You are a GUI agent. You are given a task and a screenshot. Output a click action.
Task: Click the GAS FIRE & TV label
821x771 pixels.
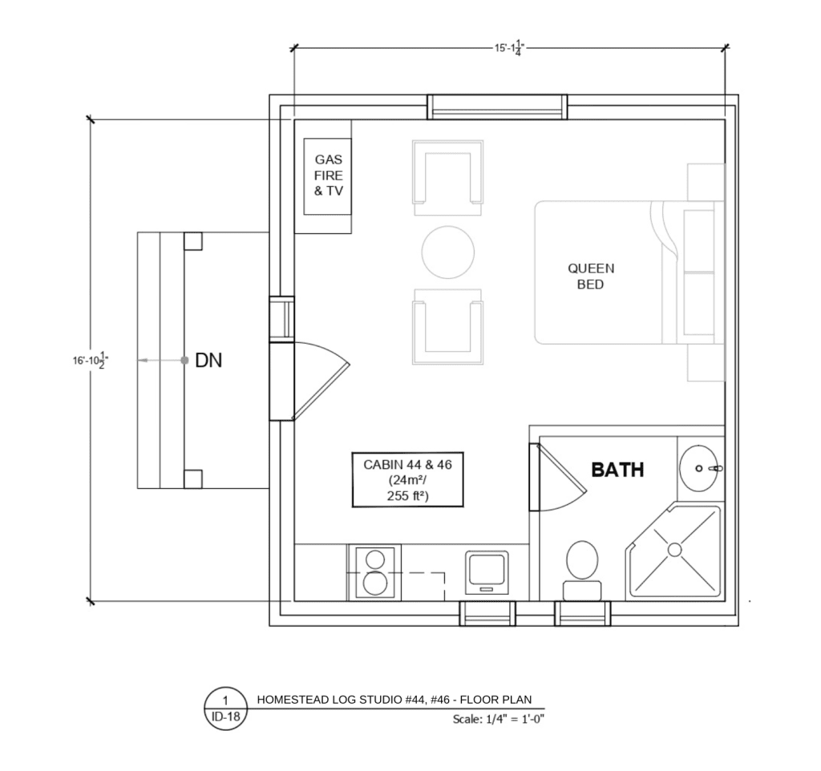click(328, 176)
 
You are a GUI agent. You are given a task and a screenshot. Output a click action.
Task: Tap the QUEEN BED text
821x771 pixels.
click(591, 276)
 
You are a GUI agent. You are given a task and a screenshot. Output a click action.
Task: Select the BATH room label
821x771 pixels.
click(617, 470)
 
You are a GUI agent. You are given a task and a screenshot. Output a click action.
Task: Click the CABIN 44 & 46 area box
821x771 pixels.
click(408, 479)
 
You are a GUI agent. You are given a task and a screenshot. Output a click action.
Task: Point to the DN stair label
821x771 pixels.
click(208, 360)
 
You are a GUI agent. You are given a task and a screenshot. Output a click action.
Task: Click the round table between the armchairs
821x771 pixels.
click(448, 252)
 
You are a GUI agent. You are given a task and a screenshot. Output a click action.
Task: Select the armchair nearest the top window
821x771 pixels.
click(447, 177)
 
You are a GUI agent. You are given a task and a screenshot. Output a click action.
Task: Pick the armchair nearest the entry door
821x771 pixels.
click(447, 326)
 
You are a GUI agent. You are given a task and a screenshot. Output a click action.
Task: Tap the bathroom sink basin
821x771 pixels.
click(698, 469)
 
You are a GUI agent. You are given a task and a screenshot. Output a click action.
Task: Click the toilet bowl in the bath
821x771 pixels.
click(582, 560)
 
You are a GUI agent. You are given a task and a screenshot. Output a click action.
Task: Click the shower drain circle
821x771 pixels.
click(675, 550)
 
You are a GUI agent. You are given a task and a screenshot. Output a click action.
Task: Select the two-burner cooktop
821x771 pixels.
click(375, 572)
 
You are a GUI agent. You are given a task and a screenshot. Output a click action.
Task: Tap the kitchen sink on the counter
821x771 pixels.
click(487, 572)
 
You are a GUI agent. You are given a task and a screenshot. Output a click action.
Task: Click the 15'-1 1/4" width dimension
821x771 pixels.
click(509, 49)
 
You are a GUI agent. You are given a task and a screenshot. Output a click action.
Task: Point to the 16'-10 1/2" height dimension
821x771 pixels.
click(91, 360)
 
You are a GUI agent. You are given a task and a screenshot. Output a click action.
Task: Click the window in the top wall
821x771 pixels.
click(497, 107)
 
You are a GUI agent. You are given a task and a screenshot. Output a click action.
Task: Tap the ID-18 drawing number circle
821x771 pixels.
click(225, 708)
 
